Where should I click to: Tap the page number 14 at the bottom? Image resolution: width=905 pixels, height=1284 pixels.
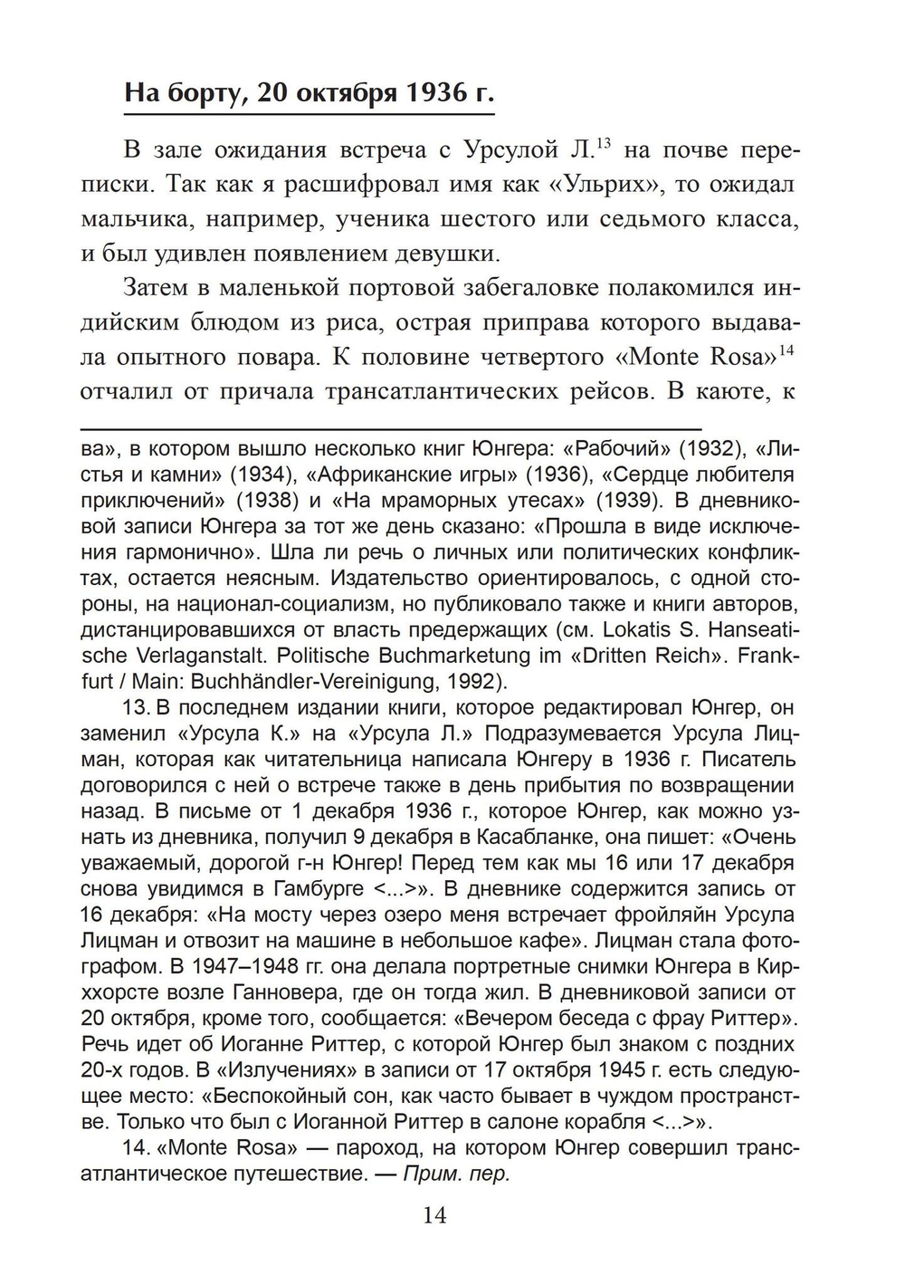coord(435,1214)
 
